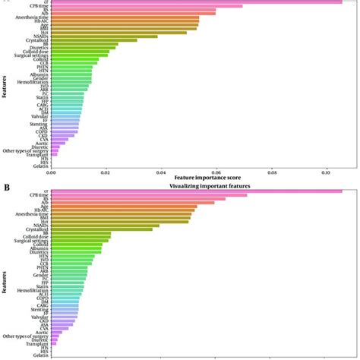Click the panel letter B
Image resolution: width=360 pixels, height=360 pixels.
pyautogui.click(x=6, y=185)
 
